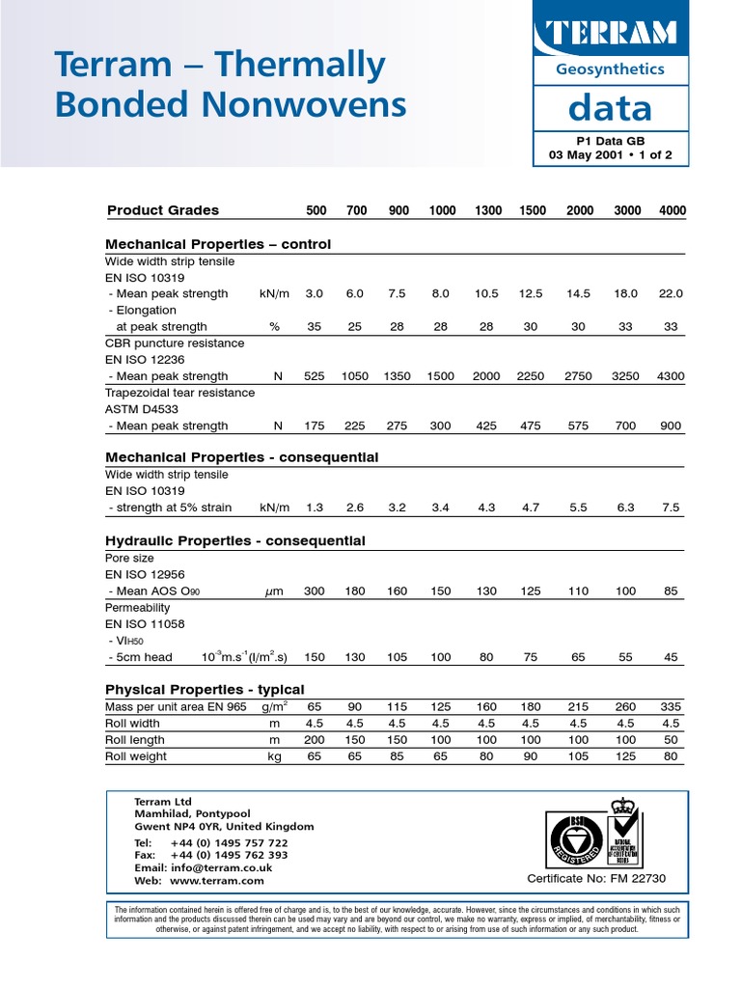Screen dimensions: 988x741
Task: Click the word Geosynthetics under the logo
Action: click(x=610, y=69)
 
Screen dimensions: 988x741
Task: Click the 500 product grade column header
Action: click(x=316, y=210)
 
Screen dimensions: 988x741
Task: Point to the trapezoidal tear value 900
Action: click(x=672, y=425)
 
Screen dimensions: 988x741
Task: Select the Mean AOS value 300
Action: click(x=315, y=590)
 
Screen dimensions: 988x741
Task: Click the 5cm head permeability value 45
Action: click(x=672, y=657)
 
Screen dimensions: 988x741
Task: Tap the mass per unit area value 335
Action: click(x=672, y=707)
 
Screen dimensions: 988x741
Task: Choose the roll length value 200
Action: click(x=315, y=740)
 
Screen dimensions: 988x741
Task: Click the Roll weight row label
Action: click(x=136, y=756)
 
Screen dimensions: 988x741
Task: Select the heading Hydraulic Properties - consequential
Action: click(x=234, y=540)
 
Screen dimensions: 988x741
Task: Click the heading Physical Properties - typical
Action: click(x=205, y=689)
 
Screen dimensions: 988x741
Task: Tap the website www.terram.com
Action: click(x=216, y=881)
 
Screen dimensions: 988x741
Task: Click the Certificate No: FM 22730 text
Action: click(x=596, y=878)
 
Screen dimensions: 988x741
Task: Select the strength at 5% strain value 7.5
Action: click(x=672, y=508)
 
